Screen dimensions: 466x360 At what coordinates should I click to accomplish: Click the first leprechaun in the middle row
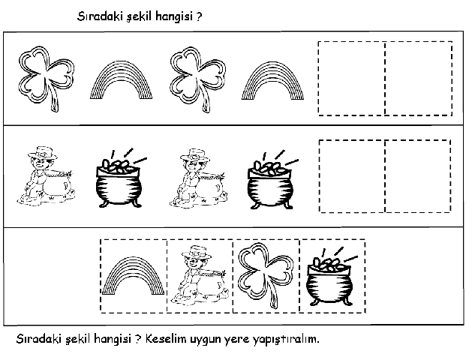[46, 175]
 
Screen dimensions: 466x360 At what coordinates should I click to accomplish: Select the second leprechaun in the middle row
[198, 178]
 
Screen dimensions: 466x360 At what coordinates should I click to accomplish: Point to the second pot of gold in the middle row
[272, 180]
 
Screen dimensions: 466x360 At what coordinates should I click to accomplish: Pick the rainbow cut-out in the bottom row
[133, 262]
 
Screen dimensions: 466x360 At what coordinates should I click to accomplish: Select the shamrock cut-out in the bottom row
[266, 271]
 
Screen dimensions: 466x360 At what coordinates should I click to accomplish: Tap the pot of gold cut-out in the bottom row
[330, 277]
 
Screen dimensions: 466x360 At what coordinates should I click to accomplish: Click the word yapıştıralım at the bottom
[286, 339]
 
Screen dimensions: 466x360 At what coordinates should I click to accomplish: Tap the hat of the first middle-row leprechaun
[43, 152]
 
